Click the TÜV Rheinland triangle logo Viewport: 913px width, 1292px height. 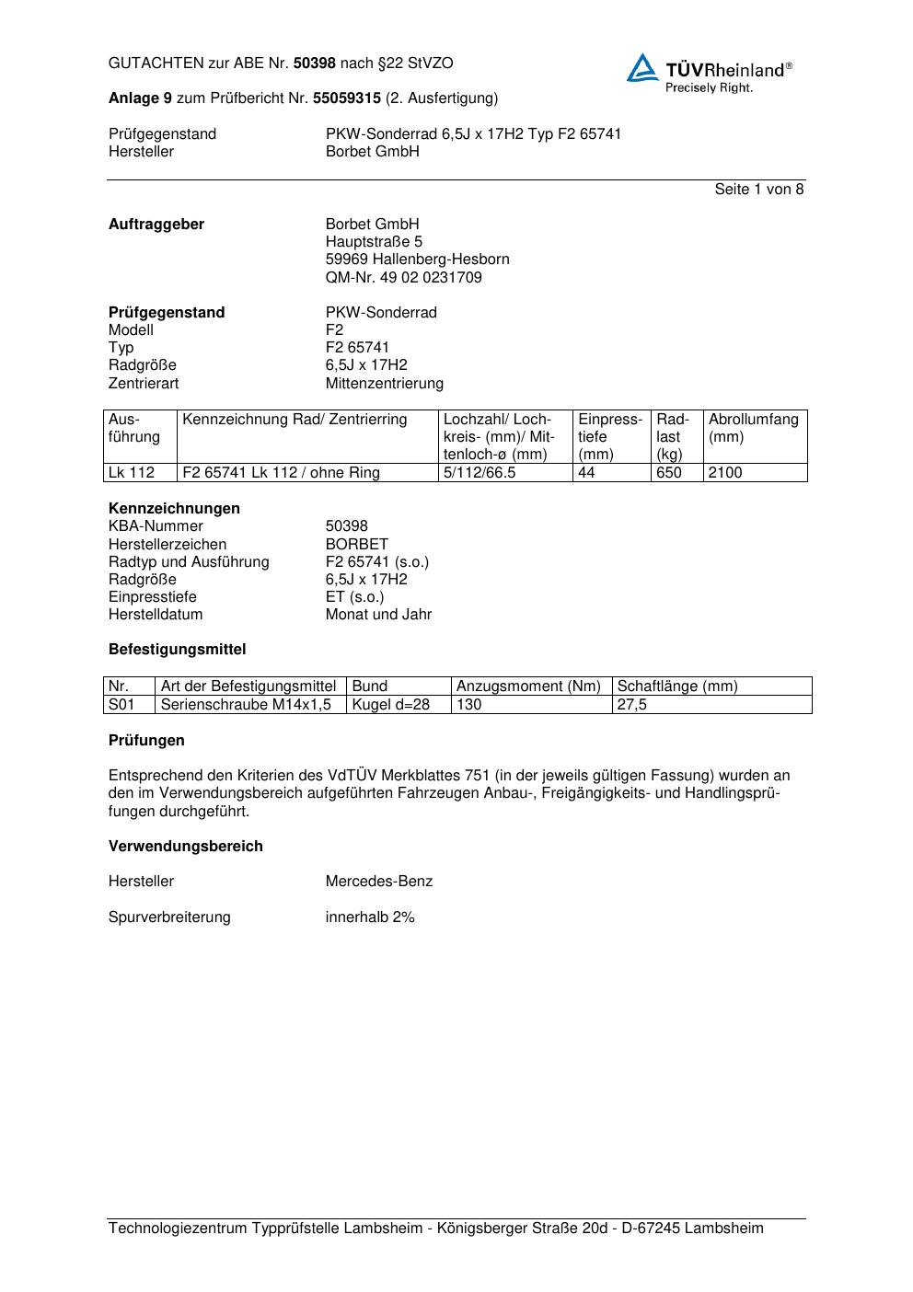pos(642,68)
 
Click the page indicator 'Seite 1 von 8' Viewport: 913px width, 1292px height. pos(758,190)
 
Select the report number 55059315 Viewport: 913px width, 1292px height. pos(347,98)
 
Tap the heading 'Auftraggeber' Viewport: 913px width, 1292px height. pos(156,225)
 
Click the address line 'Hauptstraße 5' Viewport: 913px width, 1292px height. pos(374,242)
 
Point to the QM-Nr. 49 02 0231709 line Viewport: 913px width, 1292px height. pos(403,277)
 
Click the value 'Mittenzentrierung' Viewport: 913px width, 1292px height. pos(384,383)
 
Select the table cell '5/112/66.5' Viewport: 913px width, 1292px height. pos(480,473)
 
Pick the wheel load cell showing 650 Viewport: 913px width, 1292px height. pos(669,473)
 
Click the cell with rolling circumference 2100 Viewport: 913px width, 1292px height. pos(725,473)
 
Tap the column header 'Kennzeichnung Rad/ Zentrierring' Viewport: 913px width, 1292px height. pos(295,420)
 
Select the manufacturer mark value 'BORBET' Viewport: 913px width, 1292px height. pos(356,544)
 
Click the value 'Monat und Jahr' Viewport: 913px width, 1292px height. pos(378,614)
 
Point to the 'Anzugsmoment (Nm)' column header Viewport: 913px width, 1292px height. pos(528,686)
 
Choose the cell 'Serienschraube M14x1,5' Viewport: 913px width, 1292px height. pos(246,705)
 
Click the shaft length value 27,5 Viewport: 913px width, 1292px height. pos(632,705)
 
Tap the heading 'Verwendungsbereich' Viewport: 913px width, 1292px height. pos(185,847)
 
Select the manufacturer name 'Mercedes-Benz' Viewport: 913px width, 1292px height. pos(378,882)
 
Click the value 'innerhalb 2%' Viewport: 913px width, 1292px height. pos(370,917)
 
